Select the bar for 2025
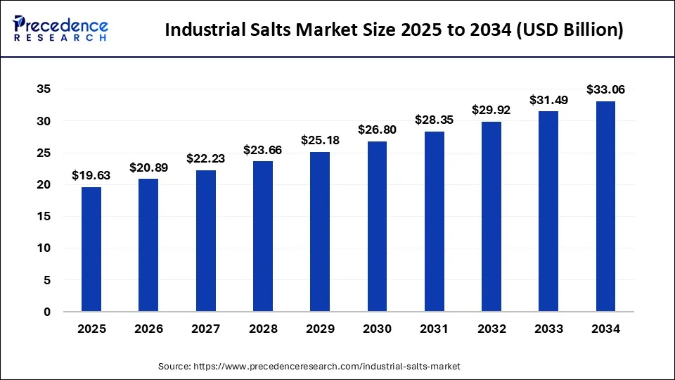91,249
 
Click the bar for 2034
605,206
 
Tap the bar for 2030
377,226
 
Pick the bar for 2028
262,236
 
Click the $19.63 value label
91,176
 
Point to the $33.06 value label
605,89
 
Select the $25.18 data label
320,140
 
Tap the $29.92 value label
491,110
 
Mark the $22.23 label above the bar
205,159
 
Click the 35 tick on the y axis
44,89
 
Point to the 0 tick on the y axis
47,312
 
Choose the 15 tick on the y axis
44,217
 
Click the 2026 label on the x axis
148,329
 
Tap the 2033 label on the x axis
548,329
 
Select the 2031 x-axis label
435,329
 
